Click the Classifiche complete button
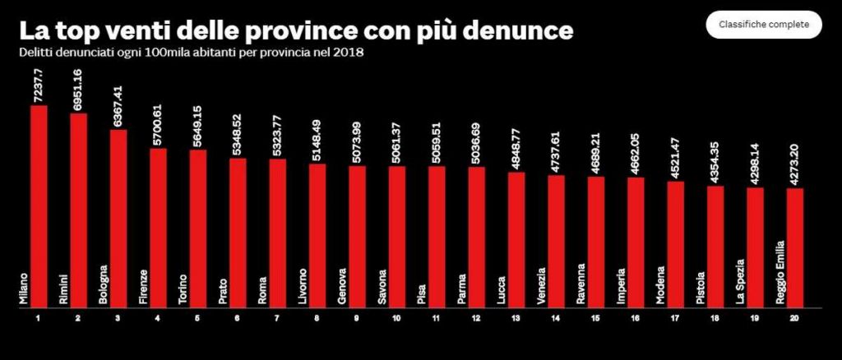763,25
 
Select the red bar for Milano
39,205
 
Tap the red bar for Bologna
118,218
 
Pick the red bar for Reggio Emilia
795,247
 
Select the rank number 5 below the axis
198,317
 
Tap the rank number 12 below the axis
477,317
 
